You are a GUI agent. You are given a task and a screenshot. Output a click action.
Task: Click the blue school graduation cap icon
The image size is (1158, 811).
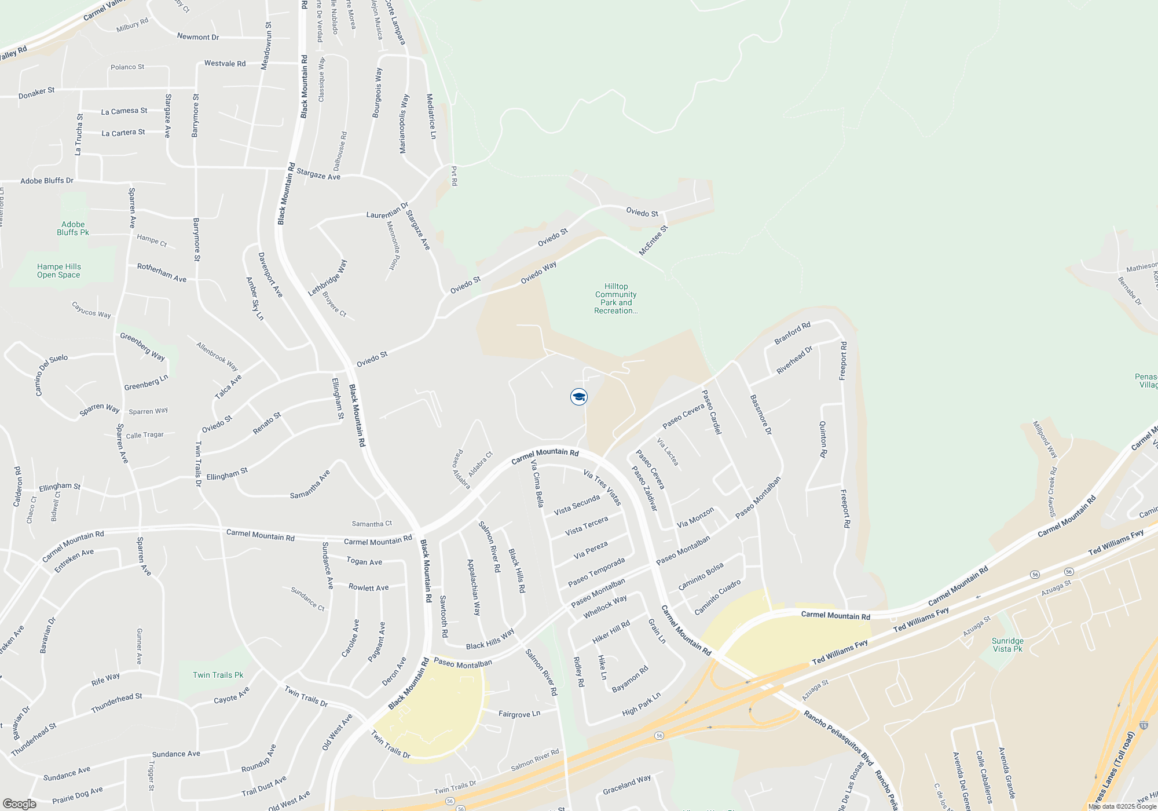578,397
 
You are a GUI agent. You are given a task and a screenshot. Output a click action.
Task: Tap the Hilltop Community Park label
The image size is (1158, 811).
615,298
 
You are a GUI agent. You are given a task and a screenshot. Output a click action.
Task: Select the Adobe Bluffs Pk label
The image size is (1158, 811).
73,228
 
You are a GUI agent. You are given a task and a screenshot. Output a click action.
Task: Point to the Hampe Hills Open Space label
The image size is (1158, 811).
58,271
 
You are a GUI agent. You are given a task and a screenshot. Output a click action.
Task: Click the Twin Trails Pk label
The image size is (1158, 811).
218,675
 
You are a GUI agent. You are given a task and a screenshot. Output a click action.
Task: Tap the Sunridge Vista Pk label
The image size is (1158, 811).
1007,645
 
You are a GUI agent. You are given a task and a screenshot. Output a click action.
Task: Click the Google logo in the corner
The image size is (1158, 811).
19,804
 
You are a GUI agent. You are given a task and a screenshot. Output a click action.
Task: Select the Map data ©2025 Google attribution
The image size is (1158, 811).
1122,806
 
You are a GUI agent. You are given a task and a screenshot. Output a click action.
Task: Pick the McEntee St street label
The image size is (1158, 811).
653,240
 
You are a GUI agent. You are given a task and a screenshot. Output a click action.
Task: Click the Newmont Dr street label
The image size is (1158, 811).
198,36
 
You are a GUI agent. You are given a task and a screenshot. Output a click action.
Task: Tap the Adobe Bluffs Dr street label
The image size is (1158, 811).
47,181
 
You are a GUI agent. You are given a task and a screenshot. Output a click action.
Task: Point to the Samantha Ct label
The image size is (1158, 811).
372,524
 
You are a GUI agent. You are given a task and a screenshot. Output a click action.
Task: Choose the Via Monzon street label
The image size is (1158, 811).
695,518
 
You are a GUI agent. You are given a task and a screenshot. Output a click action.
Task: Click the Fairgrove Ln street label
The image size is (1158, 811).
519,714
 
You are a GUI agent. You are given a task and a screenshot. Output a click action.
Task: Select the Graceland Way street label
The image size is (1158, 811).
626,785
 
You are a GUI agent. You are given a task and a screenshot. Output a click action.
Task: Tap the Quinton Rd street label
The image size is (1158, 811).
823,439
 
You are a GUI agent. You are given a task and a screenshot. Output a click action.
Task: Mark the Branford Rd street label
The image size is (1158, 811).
792,333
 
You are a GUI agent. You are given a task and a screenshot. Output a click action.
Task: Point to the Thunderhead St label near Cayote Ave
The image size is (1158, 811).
116,703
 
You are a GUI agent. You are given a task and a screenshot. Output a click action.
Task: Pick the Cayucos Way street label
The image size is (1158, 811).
91,309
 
